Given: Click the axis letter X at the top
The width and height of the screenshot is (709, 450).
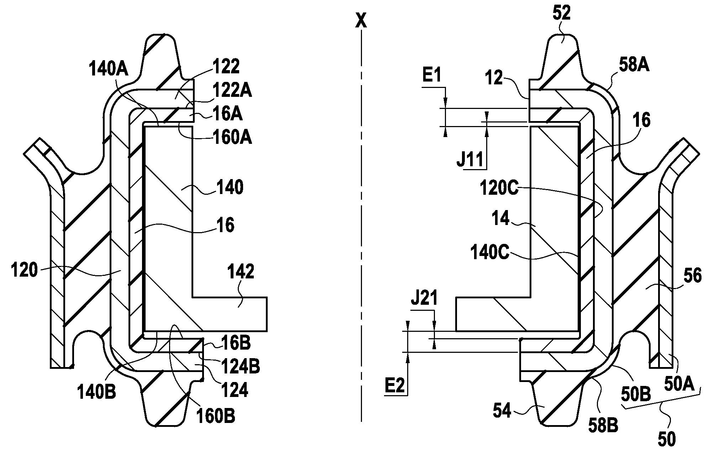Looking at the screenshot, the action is click(x=361, y=21).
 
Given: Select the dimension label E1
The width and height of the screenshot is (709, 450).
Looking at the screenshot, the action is click(x=432, y=75).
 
